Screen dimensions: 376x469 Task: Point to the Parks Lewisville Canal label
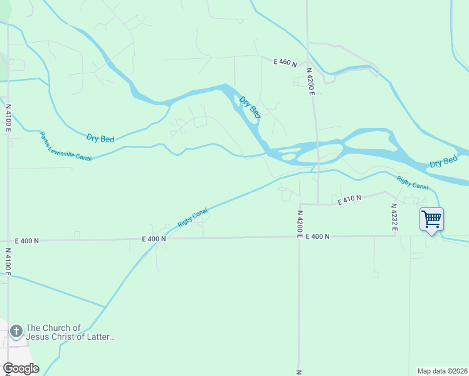click(65, 146)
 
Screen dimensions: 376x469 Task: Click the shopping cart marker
click(431, 220)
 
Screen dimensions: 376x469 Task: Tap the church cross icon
click(16, 329)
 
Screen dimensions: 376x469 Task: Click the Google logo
click(20, 368)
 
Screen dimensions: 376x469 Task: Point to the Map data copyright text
click(443, 370)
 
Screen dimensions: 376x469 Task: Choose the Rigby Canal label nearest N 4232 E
click(413, 183)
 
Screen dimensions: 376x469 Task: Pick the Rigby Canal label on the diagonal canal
click(192, 217)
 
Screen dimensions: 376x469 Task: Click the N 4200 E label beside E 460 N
click(310, 81)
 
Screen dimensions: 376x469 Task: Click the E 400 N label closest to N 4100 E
click(27, 241)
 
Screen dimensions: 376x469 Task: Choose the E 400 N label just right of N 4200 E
click(318, 236)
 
